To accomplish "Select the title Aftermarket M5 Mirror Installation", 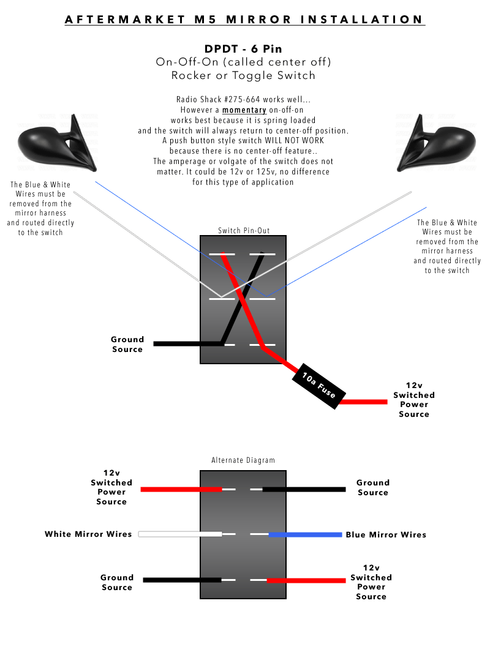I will pyautogui.click(x=245, y=20).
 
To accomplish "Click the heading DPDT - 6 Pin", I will pyautogui.click(x=244, y=49).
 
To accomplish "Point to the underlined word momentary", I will pyautogui.click(x=244, y=110).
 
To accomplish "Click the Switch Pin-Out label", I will pyautogui.click(x=244, y=231).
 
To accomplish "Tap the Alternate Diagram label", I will pyautogui.click(x=243, y=460).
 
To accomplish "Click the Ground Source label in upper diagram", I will pyautogui.click(x=127, y=344).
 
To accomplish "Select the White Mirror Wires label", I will pyautogui.click(x=88, y=534).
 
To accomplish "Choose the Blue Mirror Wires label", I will pyautogui.click(x=386, y=534).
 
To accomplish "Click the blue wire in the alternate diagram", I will pyautogui.click(x=306, y=534).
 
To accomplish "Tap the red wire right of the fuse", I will pyautogui.click(x=364, y=402).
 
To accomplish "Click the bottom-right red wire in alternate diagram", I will pyautogui.click(x=306, y=580).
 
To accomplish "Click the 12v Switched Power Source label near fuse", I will pyautogui.click(x=414, y=400).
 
